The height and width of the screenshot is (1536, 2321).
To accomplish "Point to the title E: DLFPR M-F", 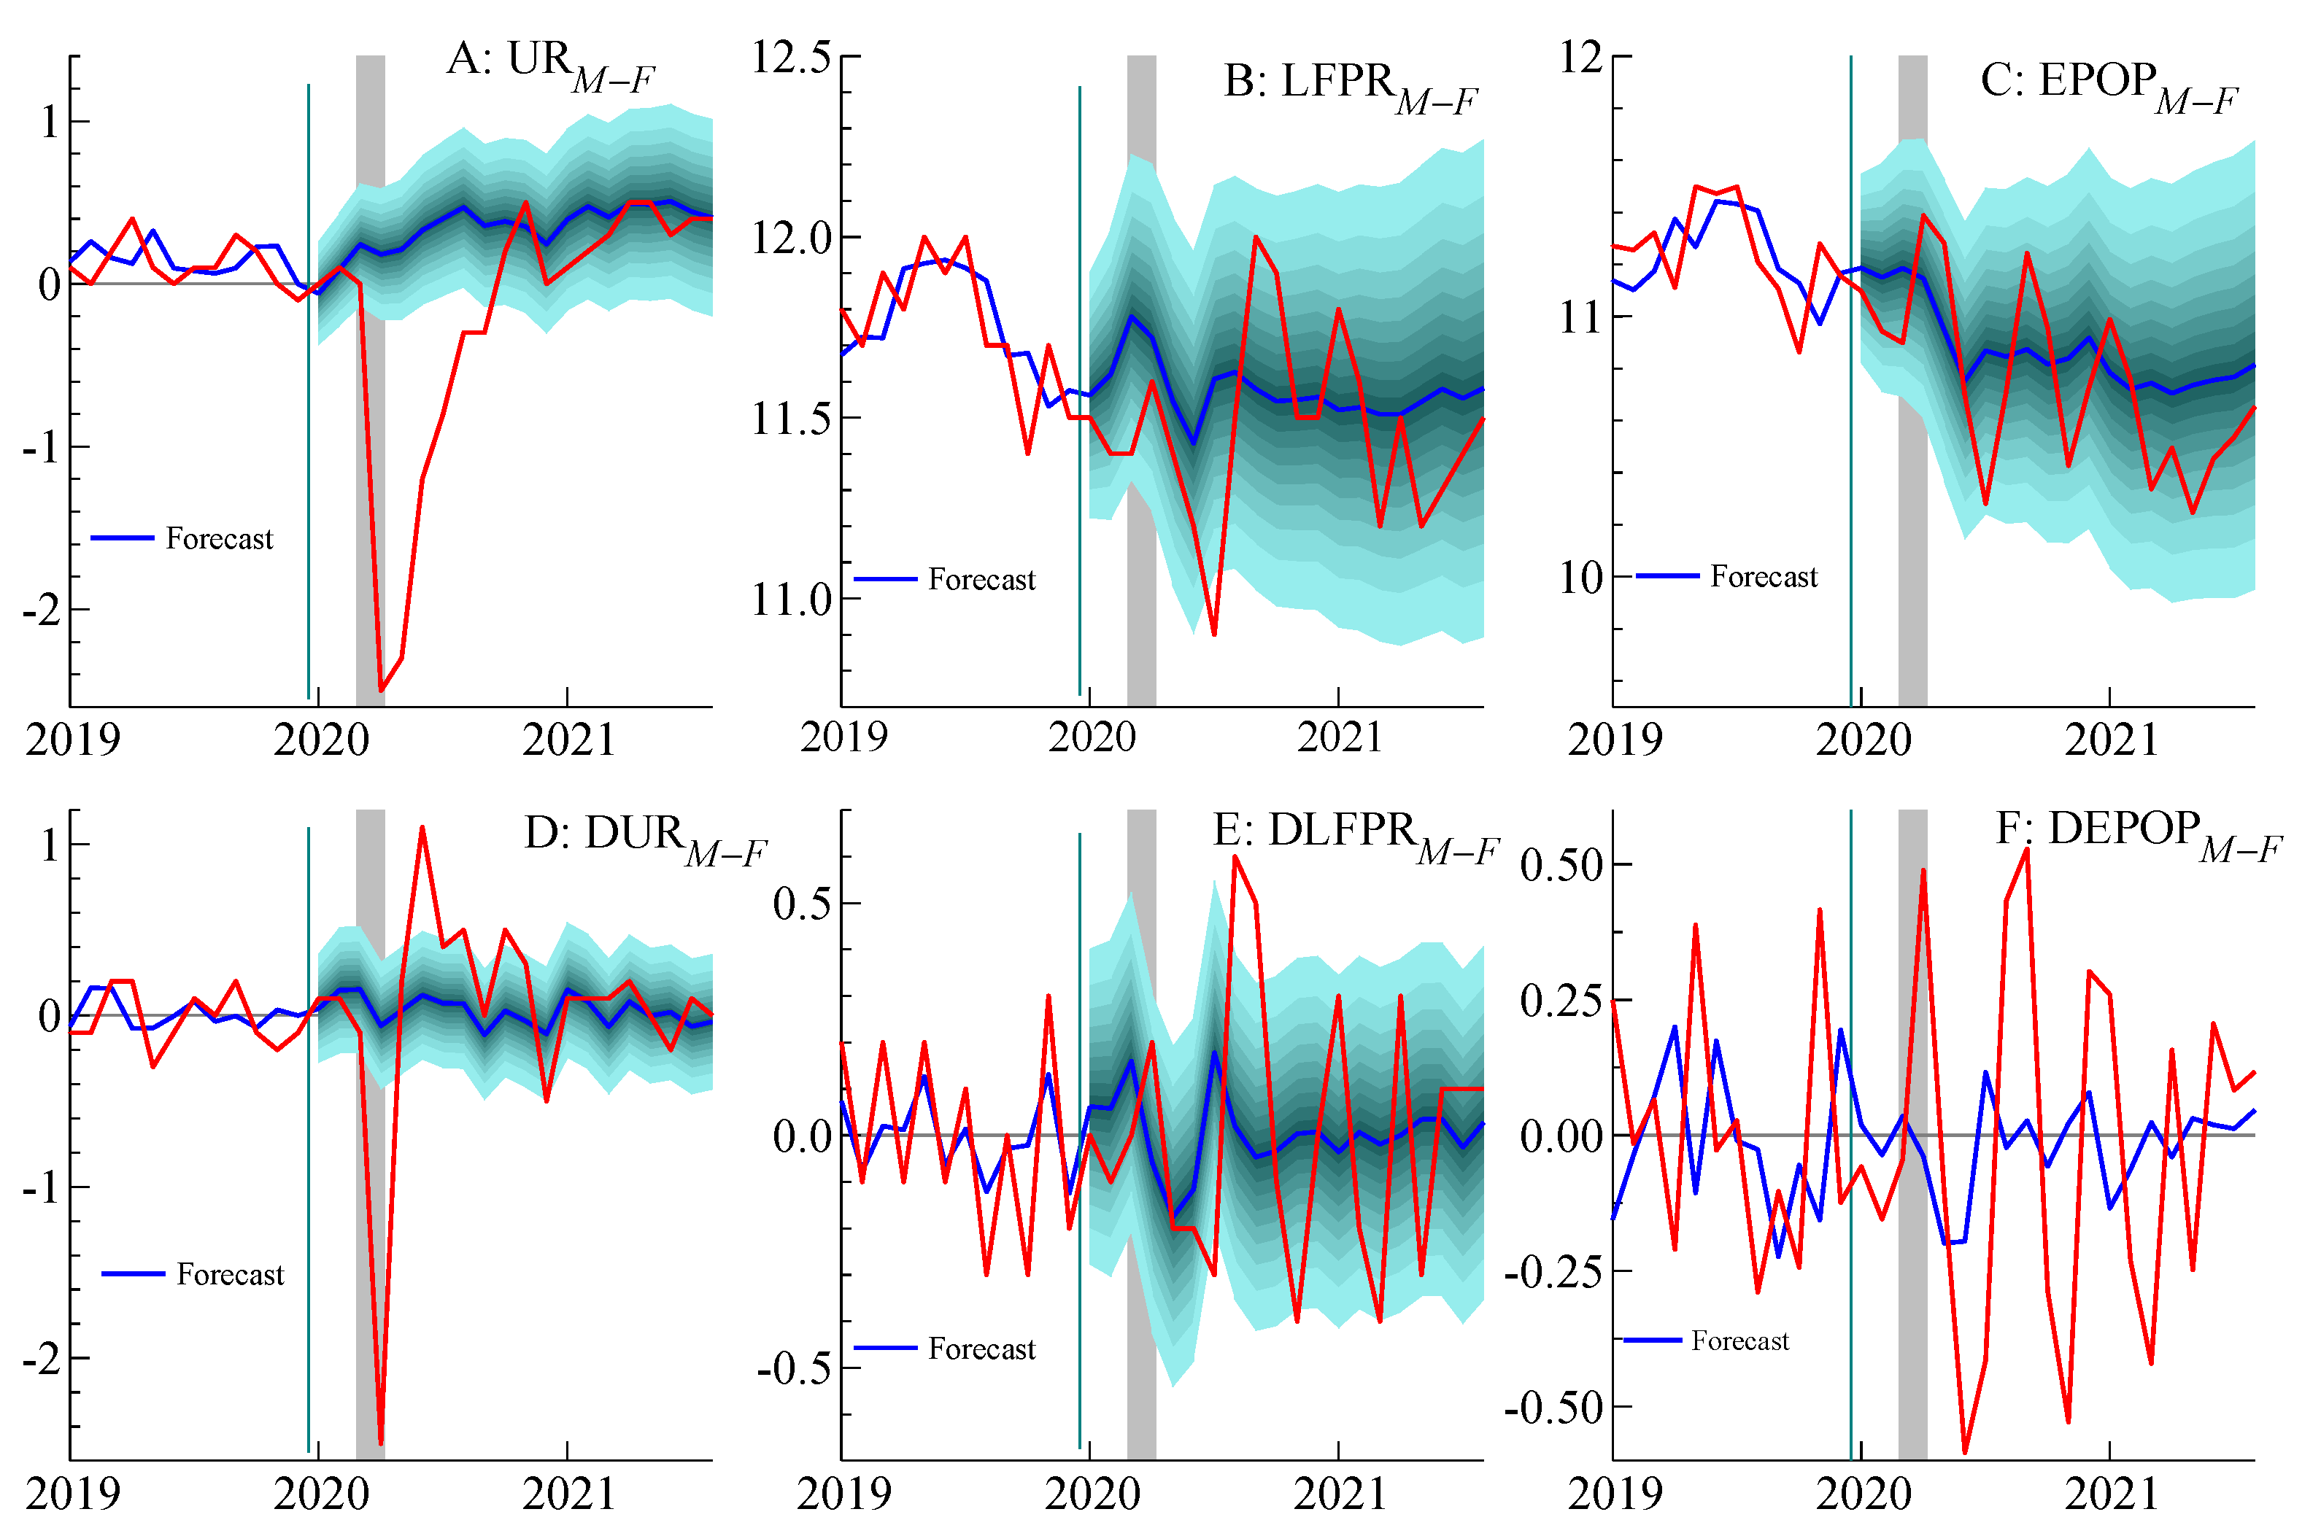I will click(x=1355, y=836).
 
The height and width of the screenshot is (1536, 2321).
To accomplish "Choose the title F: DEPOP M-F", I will click(x=2138, y=834).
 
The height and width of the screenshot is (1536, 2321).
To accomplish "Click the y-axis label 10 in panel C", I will click(x=1580, y=578).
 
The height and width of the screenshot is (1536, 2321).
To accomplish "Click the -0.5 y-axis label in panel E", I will click(x=795, y=1368).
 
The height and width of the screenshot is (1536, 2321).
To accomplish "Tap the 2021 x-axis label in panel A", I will click(x=568, y=740).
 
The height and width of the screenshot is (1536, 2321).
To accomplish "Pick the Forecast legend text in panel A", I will click(x=220, y=539).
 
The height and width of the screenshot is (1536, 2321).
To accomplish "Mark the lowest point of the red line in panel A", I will click(x=381, y=691).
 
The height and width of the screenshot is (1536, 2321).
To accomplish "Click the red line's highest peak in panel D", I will click(x=422, y=827).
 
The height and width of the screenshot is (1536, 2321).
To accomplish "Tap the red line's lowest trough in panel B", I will click(x=1214, y=635).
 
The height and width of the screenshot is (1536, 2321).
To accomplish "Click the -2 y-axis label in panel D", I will click(x=41, y=1359).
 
